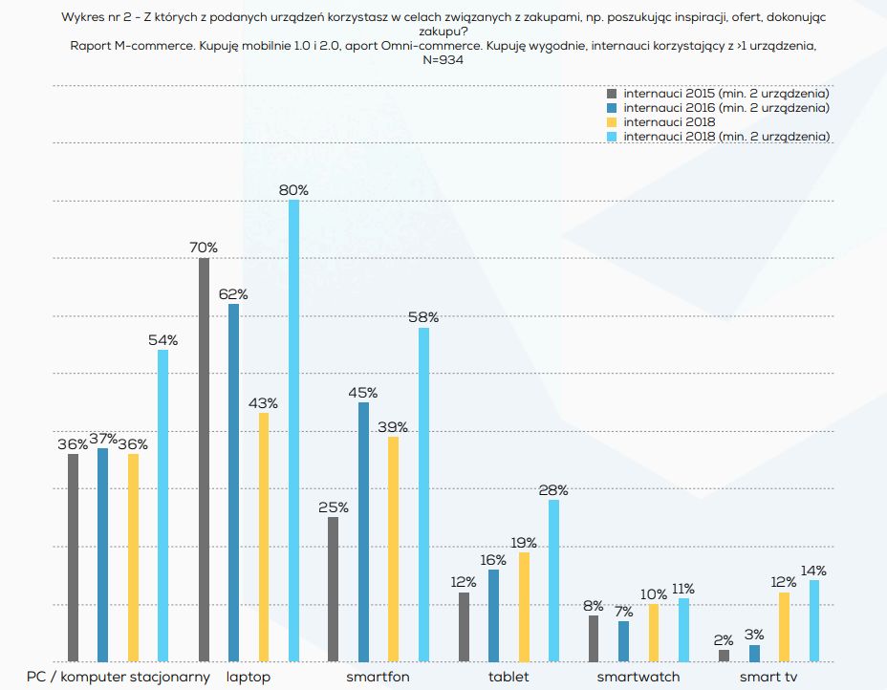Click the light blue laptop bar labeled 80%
pyautogui.click(x=293, y=430)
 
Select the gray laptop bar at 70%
pyautogui.click(x=204, y=460)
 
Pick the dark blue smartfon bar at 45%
pyautogui.click(x=363, y=531)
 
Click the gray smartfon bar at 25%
pyautogui.click(x=333, y=589)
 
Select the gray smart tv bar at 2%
pyautogui.click(x=724, y=656)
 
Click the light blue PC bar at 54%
pyautogui.click(x=162, y=506)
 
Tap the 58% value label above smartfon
pyautogui.click(x=423, y=317)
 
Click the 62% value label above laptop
pyautogui.click(x=233, y=294)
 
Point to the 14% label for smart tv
pyautogui.click(x=813, y=571)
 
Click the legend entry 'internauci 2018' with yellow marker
pyautogui.click(x=669, y=122)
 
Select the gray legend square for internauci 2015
pyautogui.click(x=613, y=94)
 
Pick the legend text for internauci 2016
pyautogui.click(x=725, y=108)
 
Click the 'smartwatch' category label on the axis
pyautogui.click(x=638, y=677)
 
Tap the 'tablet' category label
pyautogui.click(x=508, y=677)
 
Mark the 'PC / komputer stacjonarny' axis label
pyautogui.click(x=119, y=677)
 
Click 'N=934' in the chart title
pyautogui.click(x=443, y=59)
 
